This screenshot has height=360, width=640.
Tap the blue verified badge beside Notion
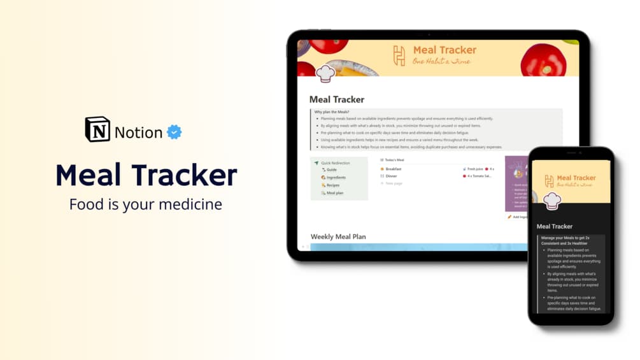[x=174, y=132]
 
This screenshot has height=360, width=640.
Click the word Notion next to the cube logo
[x=138, y=133]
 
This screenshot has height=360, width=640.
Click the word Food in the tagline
[x=84, y=205]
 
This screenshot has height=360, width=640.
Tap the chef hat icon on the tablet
[x=325, y=74]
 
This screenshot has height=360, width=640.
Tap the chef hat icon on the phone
[x=552, y=201]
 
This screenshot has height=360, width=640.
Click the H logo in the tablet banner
[x=399, y=55]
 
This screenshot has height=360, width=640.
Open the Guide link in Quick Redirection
[x=331, y=170]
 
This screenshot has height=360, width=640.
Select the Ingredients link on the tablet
[x=336, y=178]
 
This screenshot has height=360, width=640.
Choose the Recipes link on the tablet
[x=332, y=185]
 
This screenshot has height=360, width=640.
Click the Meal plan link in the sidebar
[x=334, y=193]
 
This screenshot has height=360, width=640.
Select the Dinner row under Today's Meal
[x=390, y=176]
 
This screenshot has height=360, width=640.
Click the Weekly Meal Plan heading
[x=338, y=237]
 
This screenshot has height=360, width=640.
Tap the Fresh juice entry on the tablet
[x=474, y=169]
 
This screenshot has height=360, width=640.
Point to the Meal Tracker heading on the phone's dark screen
[x=554, y=226]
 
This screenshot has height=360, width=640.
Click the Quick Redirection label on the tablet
[x=335, y=163]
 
